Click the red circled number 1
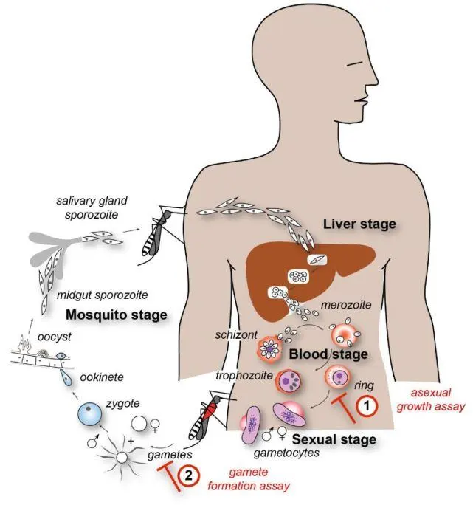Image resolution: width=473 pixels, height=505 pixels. (x=367, y=405)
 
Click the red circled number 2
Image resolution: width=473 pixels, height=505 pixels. (x=189, y=476)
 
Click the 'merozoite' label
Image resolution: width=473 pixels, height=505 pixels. (x=340, y=304)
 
